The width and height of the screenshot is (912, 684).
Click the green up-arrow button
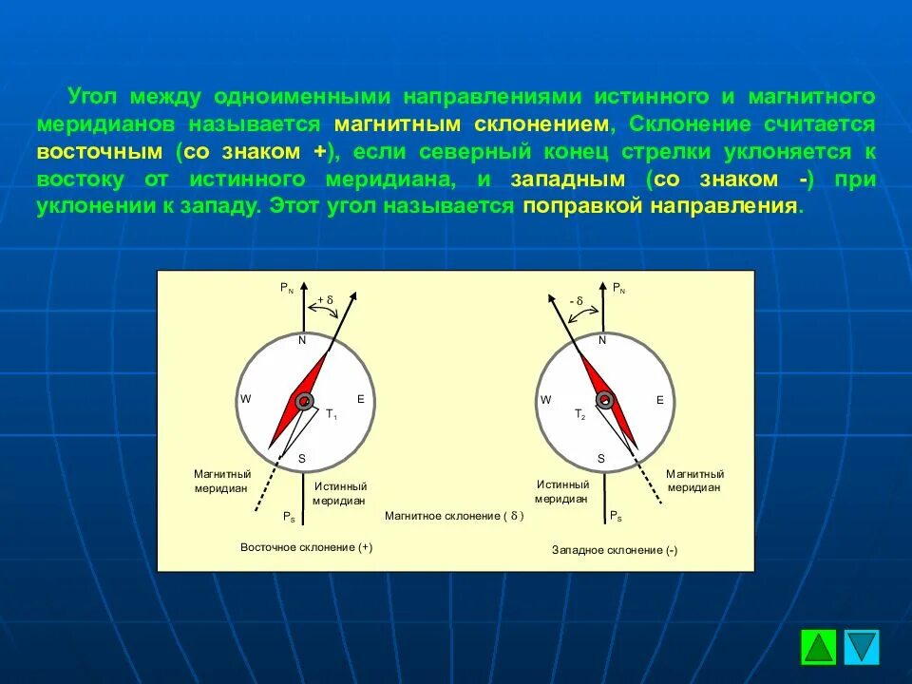click(818, 647)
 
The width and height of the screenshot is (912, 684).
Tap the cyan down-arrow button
click(862, 647)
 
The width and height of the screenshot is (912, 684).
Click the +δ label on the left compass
click(325, 300)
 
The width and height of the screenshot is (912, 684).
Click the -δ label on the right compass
click(576, 300)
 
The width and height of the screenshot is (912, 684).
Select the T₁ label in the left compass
click(332, 414)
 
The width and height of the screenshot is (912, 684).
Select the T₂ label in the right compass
click(579, 414)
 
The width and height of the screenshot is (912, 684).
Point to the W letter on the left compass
click(245, 399)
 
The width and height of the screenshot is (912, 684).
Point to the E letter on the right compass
click(659, 400)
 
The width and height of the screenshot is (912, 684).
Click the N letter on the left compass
click(302, 340)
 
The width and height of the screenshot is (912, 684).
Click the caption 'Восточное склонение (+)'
click(306, 547)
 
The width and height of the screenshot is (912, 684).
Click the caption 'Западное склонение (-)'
click(615, 550)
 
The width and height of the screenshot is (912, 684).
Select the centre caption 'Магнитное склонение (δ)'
click(453, 516)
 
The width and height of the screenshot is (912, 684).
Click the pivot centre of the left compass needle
click(303, 401)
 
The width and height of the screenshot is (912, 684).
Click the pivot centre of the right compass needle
click(601, 401)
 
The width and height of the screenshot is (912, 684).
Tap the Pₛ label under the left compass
click(288, 516)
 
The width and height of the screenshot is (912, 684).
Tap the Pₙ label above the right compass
click(617, 286)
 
